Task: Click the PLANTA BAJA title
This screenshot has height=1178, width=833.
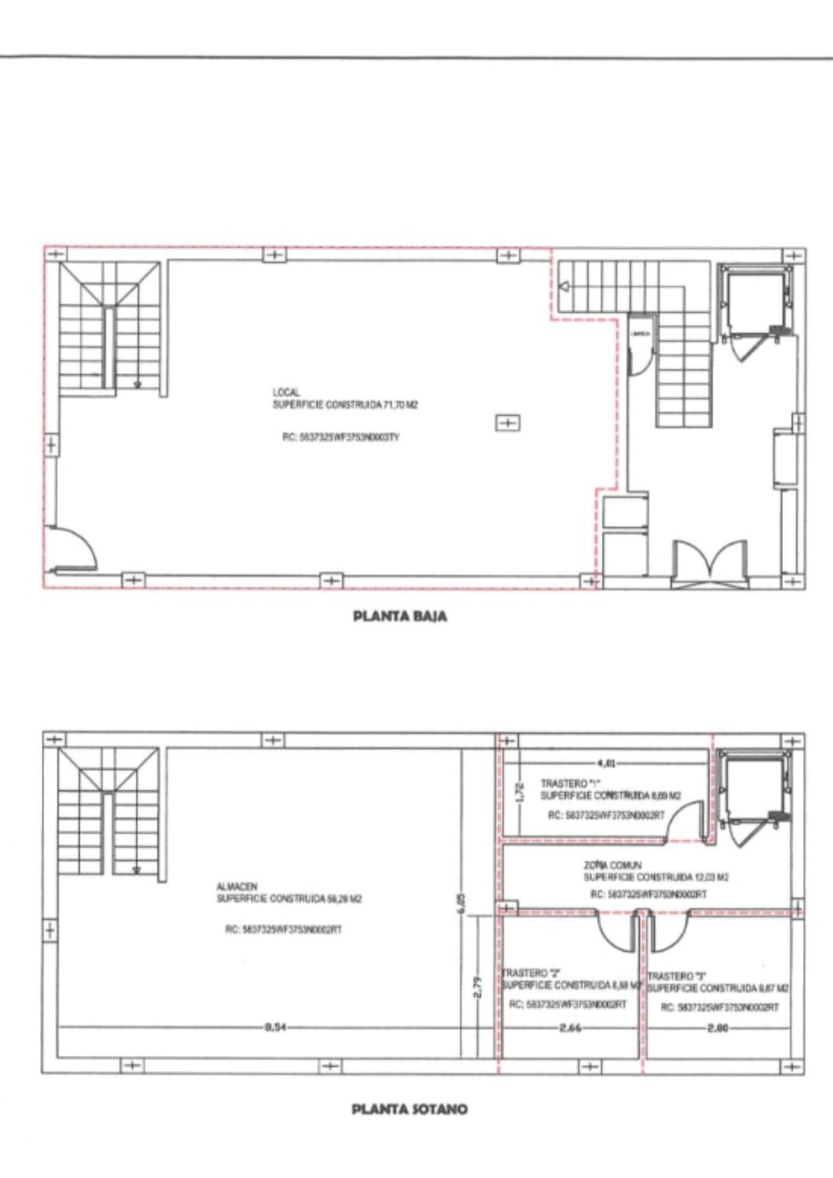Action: point(400,617)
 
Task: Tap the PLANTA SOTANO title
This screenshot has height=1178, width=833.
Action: point(409,1109)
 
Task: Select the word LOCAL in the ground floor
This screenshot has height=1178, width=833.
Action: point(286,392)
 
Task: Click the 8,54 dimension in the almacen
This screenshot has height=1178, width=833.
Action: point(272,1028)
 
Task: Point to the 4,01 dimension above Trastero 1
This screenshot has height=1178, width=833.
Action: point(606,764)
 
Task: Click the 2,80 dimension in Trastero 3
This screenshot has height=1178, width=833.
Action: point(718,1028)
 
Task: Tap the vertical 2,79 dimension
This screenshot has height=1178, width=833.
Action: point(478,988)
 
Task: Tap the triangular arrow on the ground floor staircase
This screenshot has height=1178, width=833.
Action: point(564,287)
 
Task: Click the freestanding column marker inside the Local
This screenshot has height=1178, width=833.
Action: point(508,423)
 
